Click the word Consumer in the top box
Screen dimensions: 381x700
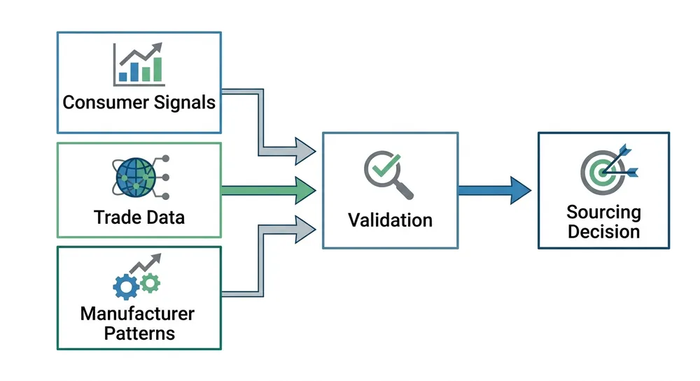[104, 102]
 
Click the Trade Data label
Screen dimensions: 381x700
[139, 217]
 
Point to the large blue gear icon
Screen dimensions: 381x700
[126, 287]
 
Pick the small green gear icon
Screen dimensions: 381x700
[150, 282]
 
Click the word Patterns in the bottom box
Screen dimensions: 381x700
[139, 333]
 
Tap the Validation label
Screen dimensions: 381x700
[390, 220]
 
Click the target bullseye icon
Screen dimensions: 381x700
[603, 171]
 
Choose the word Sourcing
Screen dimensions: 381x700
[603, 212]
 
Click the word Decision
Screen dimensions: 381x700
[603, 231]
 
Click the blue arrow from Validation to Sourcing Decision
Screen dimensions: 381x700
[494, 189]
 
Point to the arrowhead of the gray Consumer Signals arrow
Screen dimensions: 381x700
[305, 150]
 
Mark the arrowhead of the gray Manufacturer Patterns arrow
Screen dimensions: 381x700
[305, 229]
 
